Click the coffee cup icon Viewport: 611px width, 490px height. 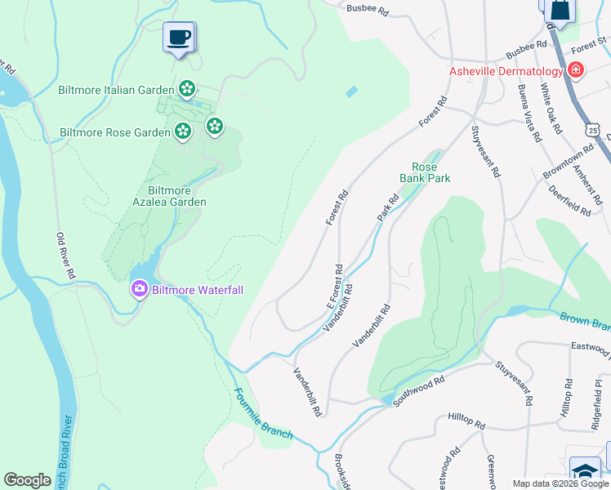tap(179, 37)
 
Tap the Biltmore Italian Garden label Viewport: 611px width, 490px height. tap(115, 89)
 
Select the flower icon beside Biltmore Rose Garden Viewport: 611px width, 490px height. tap(182, 131)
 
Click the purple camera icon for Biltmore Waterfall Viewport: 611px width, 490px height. tap(139, 289)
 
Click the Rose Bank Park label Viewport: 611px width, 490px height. tap(425, 171)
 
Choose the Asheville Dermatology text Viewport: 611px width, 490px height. tap(506, 72)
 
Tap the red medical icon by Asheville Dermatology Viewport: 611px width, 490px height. tap(577, 70)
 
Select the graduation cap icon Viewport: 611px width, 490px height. tap(585, 472)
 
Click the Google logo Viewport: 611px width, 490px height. tap(28, 480)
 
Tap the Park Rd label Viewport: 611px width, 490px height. tap(387, 207)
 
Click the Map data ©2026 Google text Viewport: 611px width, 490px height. tap(560, 483)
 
